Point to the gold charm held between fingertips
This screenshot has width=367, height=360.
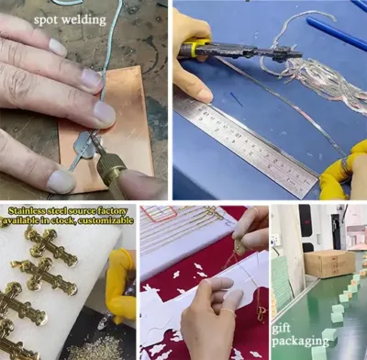coord(241,247)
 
